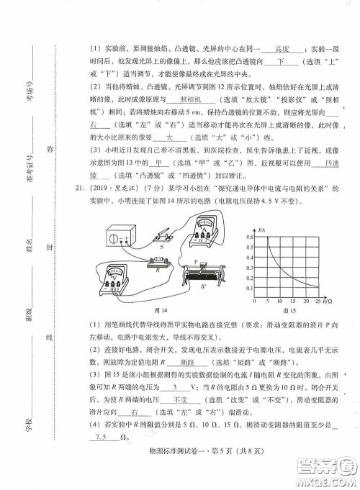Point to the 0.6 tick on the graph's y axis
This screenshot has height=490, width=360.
[x=251, y=237]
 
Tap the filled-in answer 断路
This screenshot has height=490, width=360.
[x=189, y=364]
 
